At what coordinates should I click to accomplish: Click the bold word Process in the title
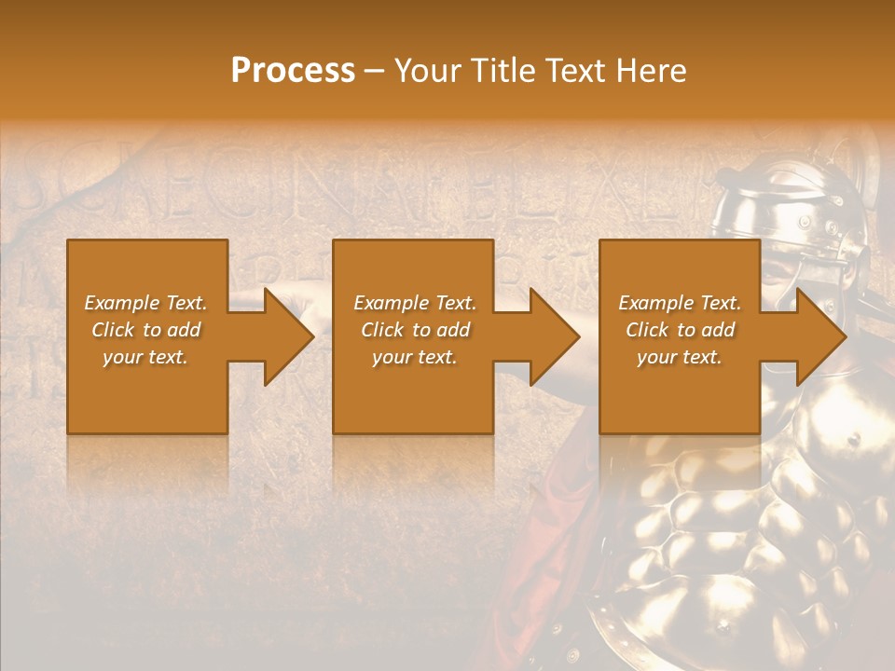(293, 71)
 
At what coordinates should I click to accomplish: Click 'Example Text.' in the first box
(145, 303)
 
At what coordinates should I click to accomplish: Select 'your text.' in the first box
(145, 357)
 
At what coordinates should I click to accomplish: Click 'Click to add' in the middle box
(416, 330)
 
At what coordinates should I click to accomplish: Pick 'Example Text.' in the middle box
(415, 303)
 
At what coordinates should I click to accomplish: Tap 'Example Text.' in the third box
(680, 303)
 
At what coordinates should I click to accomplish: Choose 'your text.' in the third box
(680, 357)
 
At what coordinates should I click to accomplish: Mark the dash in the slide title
(375, 72)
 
